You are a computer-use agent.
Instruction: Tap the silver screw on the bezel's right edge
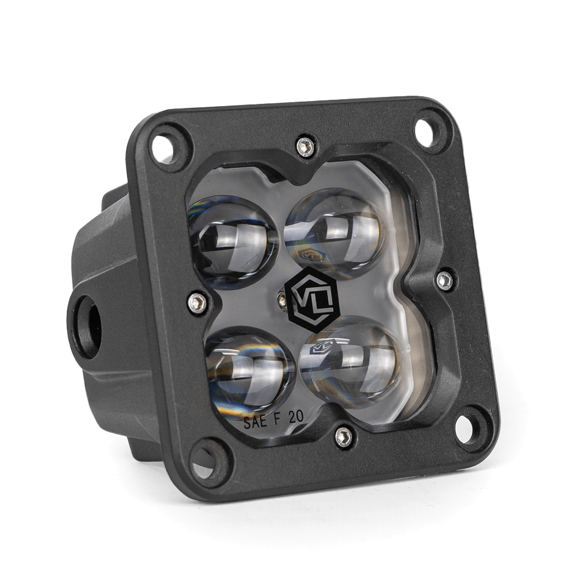(445, 280)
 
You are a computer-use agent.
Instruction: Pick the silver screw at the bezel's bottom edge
(344, 436)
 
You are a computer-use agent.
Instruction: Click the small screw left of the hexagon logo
(281, 298)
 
